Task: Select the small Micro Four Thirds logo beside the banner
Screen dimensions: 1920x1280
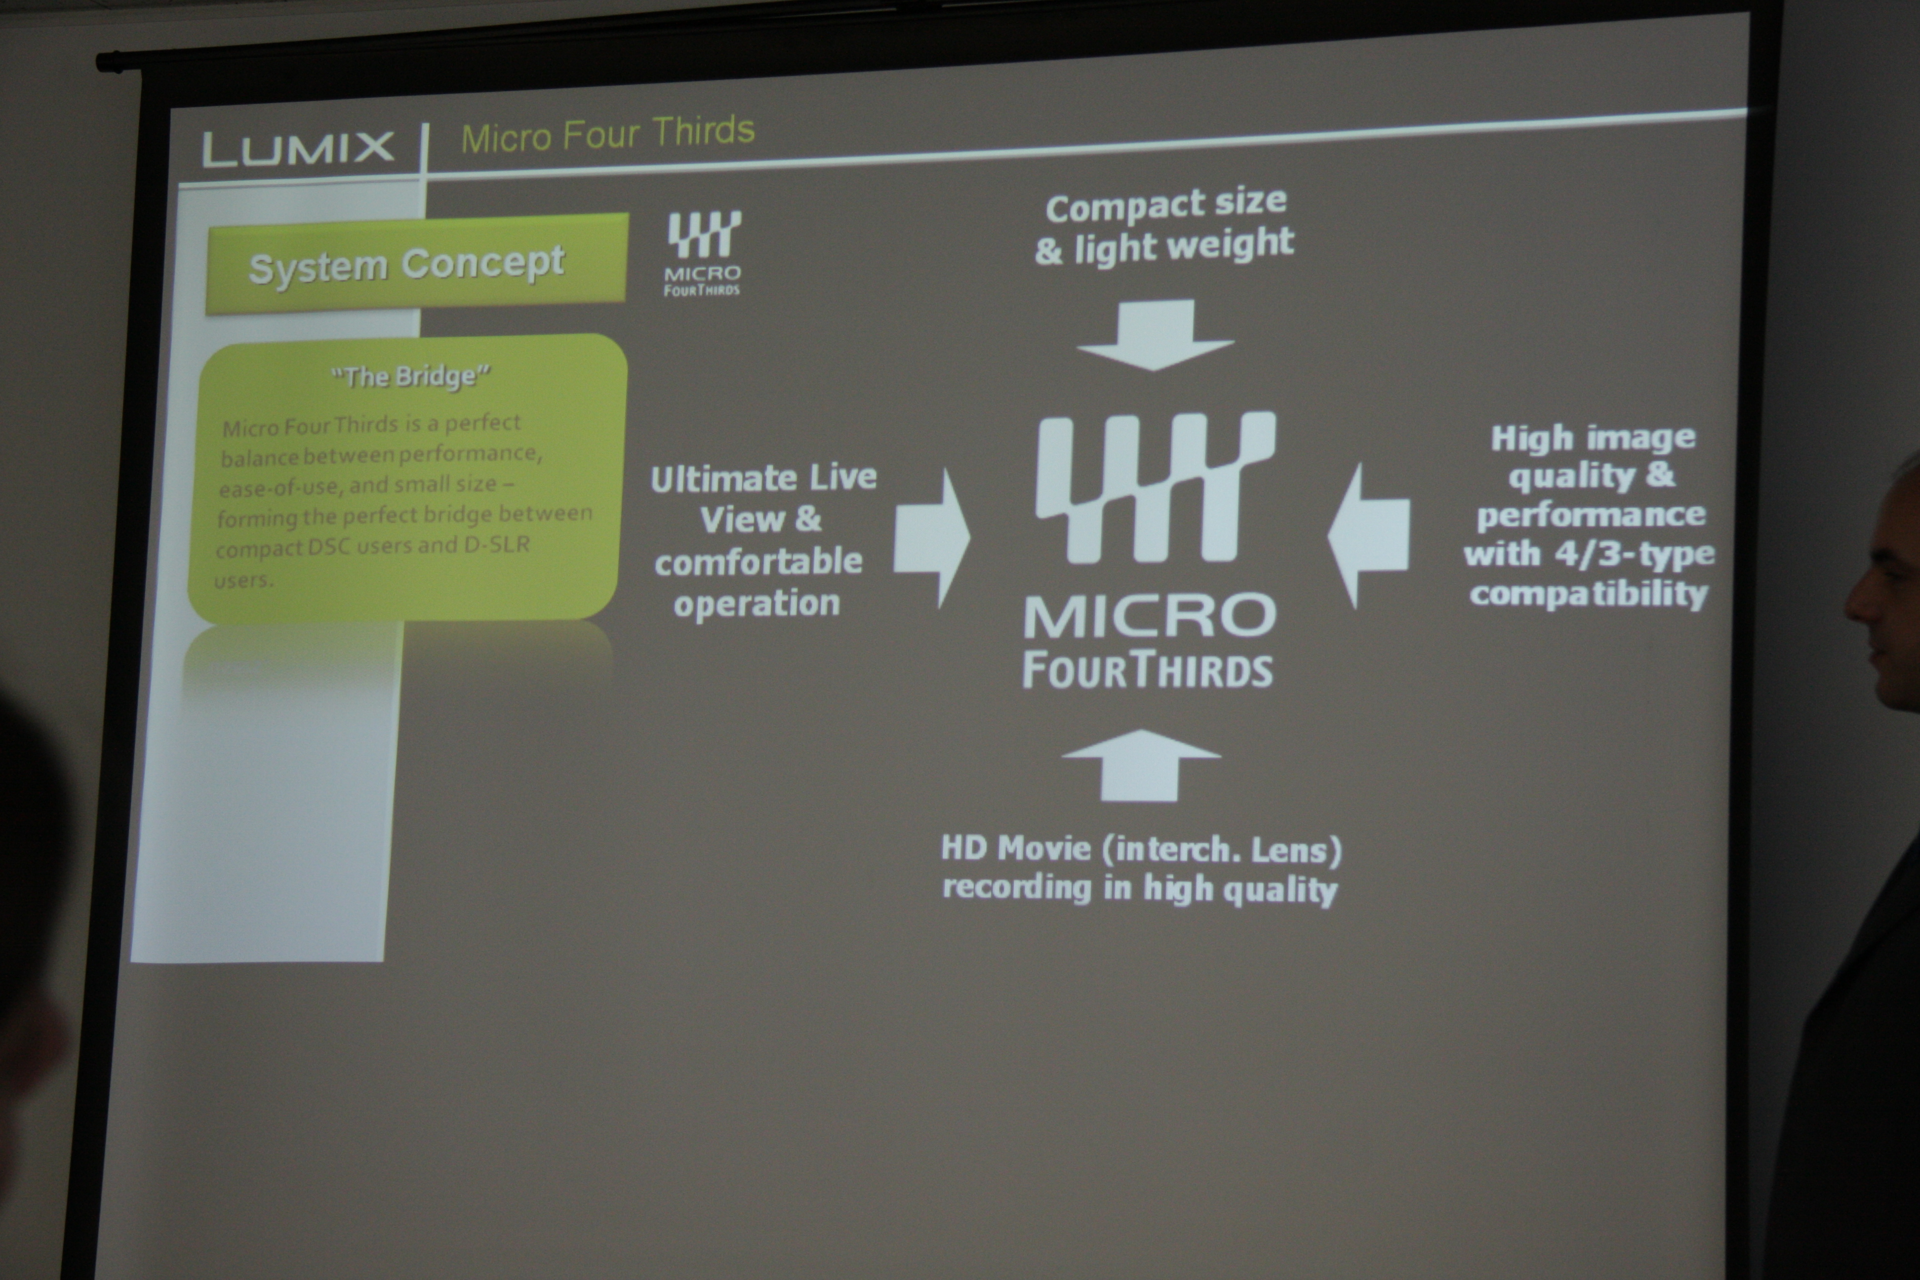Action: tap(703, 254)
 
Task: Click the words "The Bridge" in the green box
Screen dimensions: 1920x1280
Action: tap(410, 376)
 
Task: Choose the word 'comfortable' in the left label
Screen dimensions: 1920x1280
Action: tap(759, 561)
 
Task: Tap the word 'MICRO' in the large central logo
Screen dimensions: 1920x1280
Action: tap(1150, 616)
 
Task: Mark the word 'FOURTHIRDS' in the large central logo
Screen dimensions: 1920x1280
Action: tap(1148, 670)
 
